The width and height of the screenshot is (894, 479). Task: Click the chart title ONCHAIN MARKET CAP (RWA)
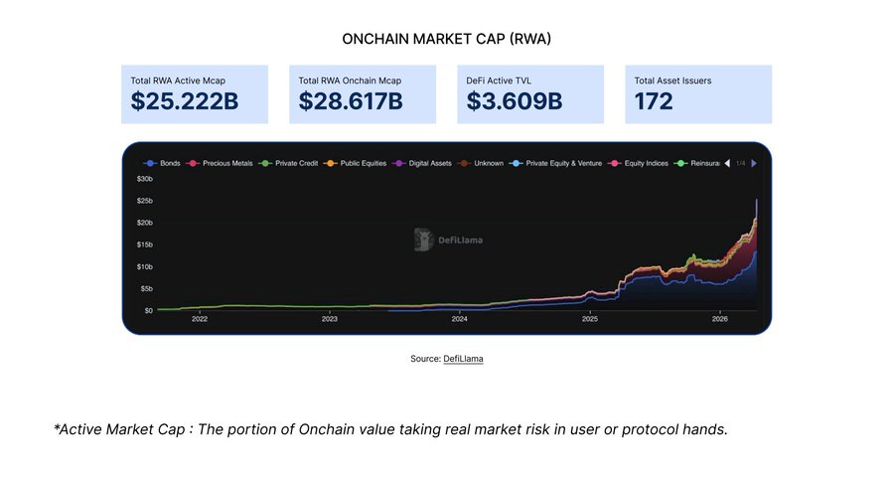point(446,39)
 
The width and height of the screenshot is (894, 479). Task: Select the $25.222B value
point(185,101)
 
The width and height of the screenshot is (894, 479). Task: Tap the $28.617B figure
point(351,101)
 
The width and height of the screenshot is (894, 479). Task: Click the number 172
point(654,101)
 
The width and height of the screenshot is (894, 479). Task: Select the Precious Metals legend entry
point(226,162)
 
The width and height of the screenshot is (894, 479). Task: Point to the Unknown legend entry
point(488,162)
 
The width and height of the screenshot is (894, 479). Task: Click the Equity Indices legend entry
point(648,162)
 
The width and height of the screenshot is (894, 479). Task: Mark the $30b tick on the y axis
point(144,179)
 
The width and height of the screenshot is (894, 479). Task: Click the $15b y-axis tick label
point(144,244)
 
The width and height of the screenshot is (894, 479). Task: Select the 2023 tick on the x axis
point(330,319)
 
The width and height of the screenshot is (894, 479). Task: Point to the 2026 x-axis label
point(720,319)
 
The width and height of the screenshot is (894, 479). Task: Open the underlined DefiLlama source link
point(463,358)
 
